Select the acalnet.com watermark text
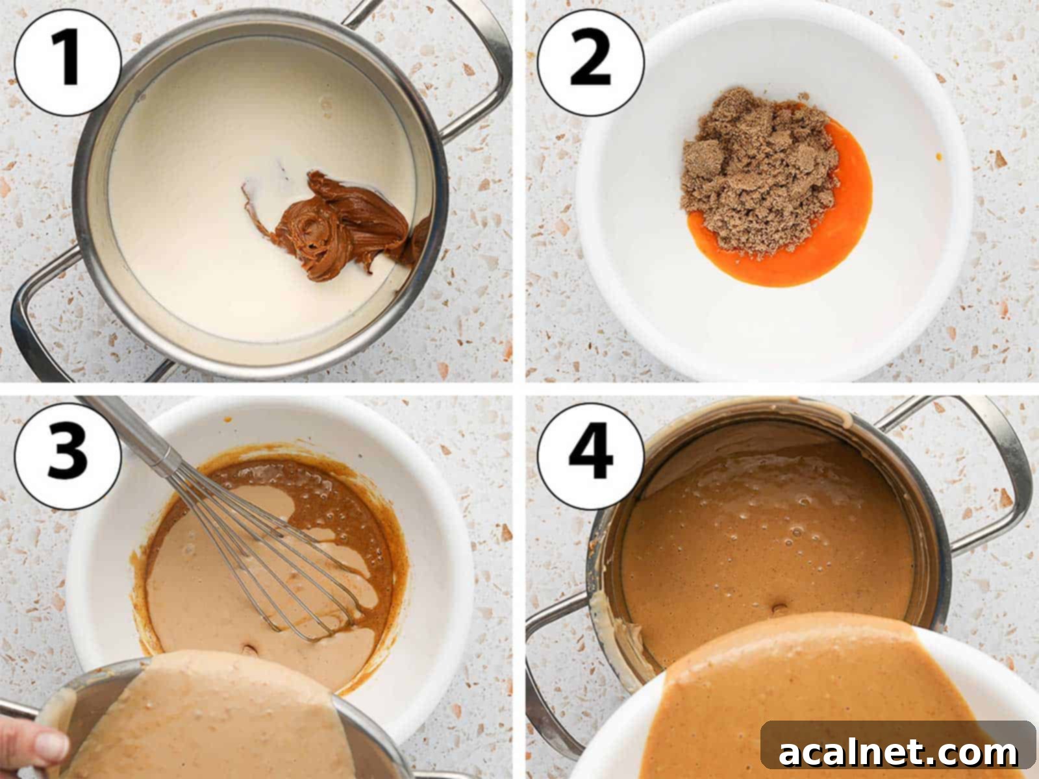point(897,753)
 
